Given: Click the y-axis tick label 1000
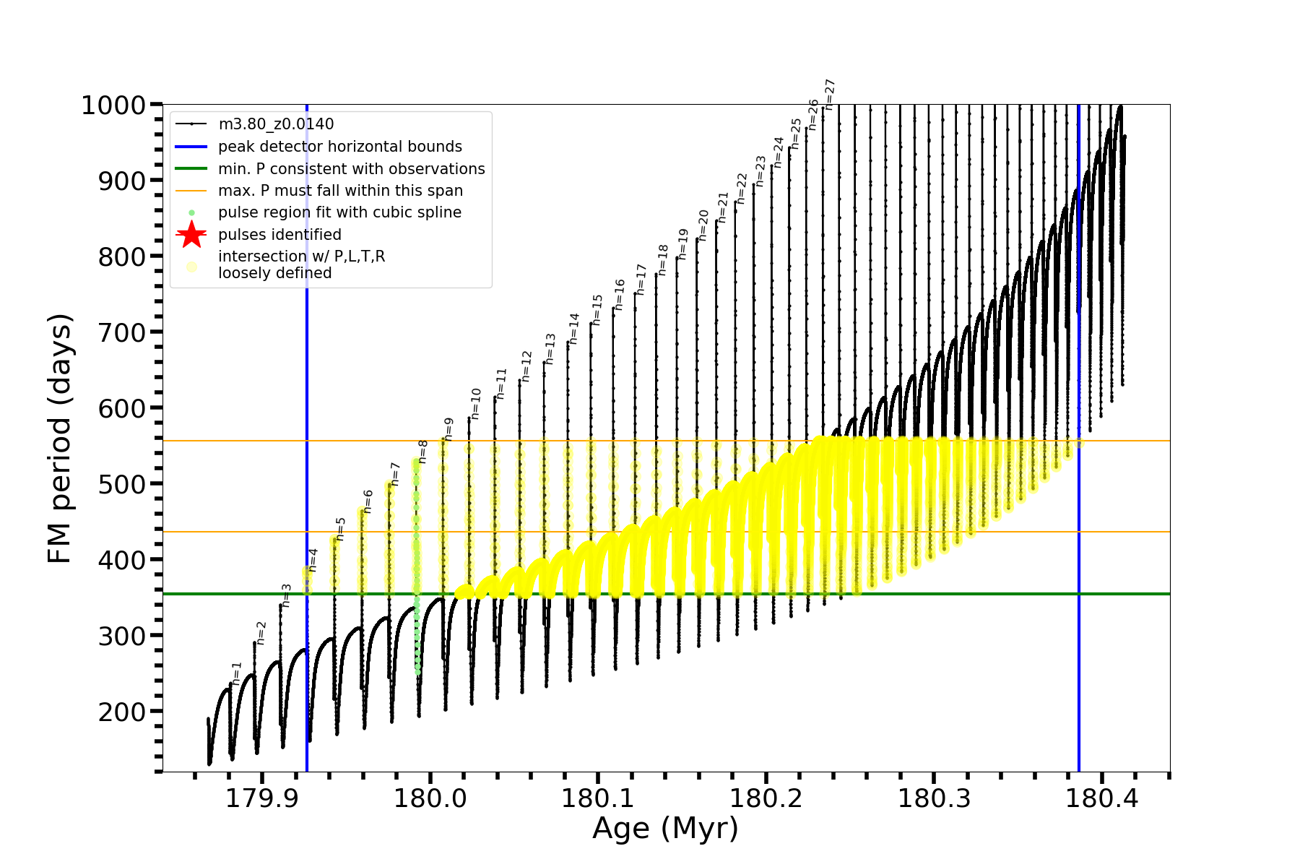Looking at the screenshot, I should pos(113,106).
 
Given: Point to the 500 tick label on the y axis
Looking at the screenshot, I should pos(122,484).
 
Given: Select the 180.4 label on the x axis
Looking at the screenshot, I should pos(1101,798).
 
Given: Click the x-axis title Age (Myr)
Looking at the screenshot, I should pos(665,829).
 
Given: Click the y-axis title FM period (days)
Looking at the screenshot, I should pos(61,439).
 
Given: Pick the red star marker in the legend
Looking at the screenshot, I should pos(191,235).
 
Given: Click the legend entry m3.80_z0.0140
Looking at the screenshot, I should pos(276,124).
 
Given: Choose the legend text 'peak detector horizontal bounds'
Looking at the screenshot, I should pos(340,147).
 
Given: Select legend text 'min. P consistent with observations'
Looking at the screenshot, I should pos(352,169).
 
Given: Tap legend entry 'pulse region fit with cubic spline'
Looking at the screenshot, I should pos(339,212).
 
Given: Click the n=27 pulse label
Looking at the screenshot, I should pos(830,95).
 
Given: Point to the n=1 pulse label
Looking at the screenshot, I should pos(237,673).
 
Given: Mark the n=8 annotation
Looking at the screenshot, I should pos(423,452).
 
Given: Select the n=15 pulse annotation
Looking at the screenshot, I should pos(597,310).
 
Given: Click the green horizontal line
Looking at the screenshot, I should pos(722,594).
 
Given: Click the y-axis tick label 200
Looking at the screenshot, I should pos(122,712).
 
